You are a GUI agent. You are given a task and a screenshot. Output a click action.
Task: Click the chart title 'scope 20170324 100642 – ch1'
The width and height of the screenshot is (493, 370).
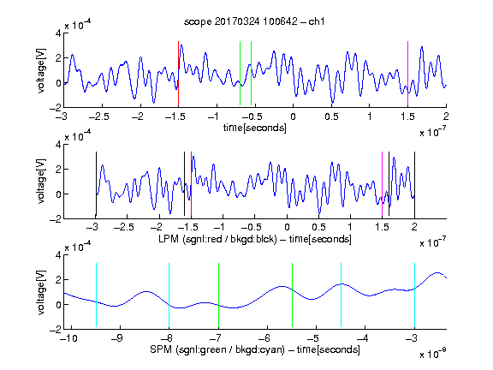(x=254, y=21)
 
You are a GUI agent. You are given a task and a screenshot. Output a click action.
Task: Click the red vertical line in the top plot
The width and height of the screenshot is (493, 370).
(x=178, y=74)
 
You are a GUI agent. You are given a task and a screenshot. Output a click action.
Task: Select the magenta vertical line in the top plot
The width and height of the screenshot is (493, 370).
(x=407, y=74)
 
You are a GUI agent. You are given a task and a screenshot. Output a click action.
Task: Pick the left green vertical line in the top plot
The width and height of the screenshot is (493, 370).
(x=240, y=74)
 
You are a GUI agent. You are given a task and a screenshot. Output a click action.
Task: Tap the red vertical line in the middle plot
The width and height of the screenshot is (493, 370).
(x=191, y=184)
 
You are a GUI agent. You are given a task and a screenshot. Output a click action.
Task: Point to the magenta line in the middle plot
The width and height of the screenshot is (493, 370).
(x=382, y=184)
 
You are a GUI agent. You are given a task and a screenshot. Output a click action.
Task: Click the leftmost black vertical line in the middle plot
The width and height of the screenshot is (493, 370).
(x=96, y=184)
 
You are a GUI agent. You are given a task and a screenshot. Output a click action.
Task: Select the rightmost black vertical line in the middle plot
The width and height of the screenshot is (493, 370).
(x=414, y=184)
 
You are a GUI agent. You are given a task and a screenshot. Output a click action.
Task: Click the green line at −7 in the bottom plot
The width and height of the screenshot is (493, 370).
(x=218, y=295)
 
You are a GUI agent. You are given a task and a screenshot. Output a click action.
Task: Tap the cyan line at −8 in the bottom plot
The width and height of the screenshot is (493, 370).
(x=169, y=295)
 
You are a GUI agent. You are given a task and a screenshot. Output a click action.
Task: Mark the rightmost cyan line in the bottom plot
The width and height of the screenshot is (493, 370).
(x=414, y=295)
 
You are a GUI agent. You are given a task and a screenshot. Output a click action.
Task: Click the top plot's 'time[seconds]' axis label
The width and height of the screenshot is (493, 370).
(x=255, y=128)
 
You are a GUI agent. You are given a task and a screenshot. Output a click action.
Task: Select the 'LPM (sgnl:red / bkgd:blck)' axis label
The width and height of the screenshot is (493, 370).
(x=217, y=239)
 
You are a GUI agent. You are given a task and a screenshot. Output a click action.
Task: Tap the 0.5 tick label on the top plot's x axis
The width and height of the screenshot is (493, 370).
(x=331, y=116)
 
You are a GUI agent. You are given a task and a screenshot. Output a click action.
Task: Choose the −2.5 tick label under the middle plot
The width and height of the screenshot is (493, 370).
(x=124, y=227)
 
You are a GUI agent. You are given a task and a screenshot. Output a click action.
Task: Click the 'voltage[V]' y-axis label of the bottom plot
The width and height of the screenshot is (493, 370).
(x=41, y=292)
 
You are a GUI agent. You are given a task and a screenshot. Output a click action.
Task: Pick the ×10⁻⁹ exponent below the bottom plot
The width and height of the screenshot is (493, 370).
(x=432, y=354)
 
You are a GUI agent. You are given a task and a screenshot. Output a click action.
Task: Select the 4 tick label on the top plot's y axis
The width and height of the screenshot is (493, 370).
(x=58, y=33)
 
